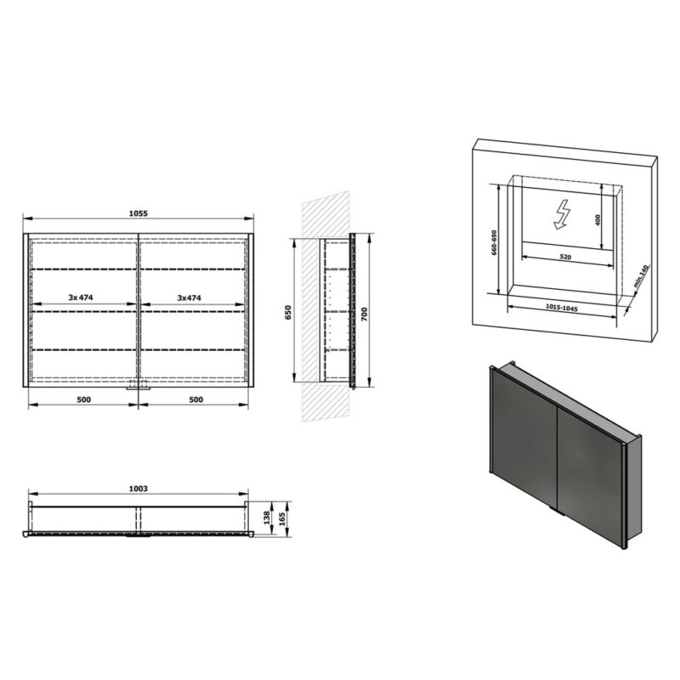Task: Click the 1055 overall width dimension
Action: pos(139,213)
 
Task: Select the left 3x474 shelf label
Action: pos(81,297)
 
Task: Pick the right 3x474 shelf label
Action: pos(189,298)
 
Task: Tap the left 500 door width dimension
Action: pos(83,399)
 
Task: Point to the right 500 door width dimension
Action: pos(196,399)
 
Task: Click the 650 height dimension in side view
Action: pos(288,312)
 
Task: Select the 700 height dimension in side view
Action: pos(365,314)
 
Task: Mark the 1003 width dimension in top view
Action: pos(139,489)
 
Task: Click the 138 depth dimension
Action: pos(267,517)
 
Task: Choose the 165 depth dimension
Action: pos(282,518)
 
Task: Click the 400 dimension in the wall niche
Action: pos(598,220)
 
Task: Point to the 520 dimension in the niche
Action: pos(564,258)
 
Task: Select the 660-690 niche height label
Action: pos(494,242)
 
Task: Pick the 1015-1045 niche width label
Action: pos(562,308)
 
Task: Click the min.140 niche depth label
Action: pos(640,276)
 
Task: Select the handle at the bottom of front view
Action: pos(139,388)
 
